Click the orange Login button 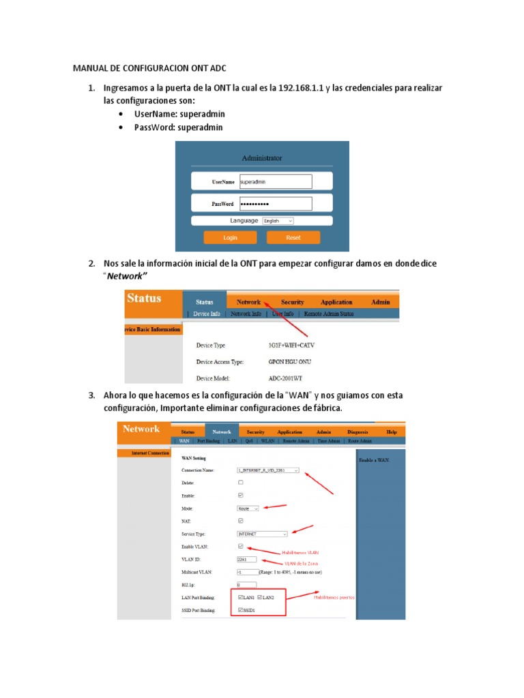tap(230, 238)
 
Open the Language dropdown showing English tap(278, 221)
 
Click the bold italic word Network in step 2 tap(125, 275)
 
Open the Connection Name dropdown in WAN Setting tap(267, 470)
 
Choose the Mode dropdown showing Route tap(248, 509)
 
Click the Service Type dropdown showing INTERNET tap(262, 534)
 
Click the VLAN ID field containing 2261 tap(246, 560)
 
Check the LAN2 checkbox tap(260, 597)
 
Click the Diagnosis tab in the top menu tap(357, 432)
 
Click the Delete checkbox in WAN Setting tap(239, 483)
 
